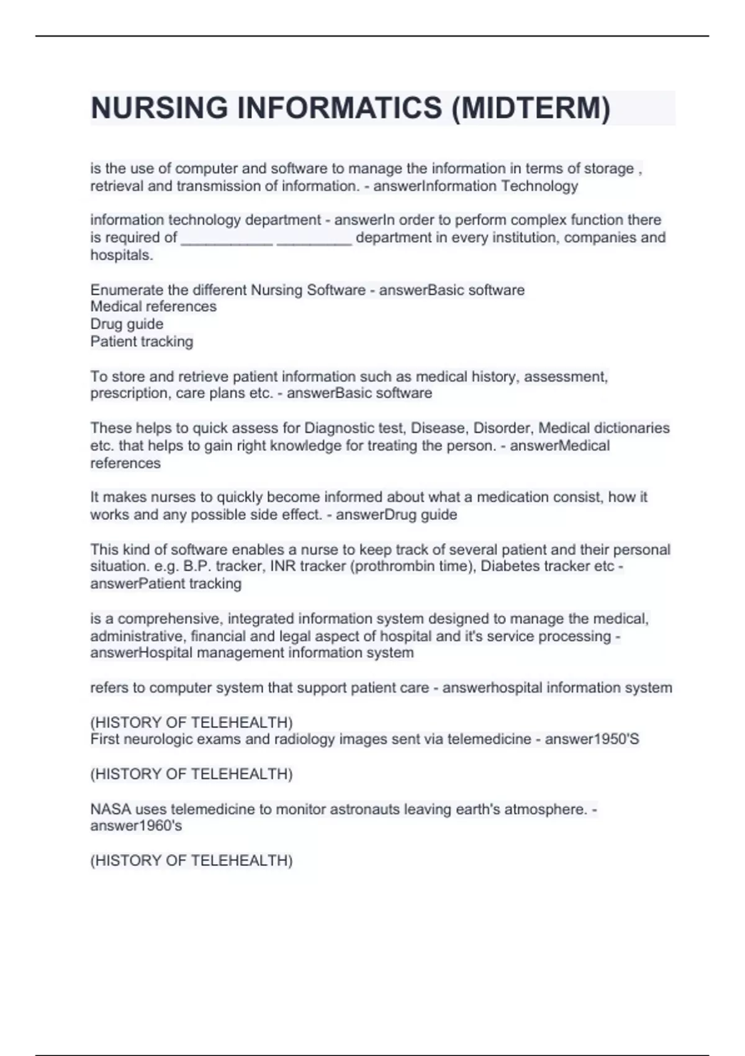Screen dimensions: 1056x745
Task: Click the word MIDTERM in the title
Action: pos(531,108)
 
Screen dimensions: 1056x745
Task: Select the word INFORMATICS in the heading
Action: pos(339,108)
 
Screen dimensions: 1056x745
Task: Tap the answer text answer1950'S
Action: pos(592,739)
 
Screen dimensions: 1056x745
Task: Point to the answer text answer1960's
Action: pos(136,826)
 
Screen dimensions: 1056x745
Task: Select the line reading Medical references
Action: pos(153,306)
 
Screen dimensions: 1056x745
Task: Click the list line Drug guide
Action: pos(127,324)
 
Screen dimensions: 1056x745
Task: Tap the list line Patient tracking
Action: pos(142,341)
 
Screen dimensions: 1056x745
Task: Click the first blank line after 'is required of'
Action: pos(227,239)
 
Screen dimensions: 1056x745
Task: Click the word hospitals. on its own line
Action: pos(122,255)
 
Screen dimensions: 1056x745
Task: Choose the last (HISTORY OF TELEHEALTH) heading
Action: pos(191,860)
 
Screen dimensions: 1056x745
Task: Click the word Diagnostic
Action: pos(341,428)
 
